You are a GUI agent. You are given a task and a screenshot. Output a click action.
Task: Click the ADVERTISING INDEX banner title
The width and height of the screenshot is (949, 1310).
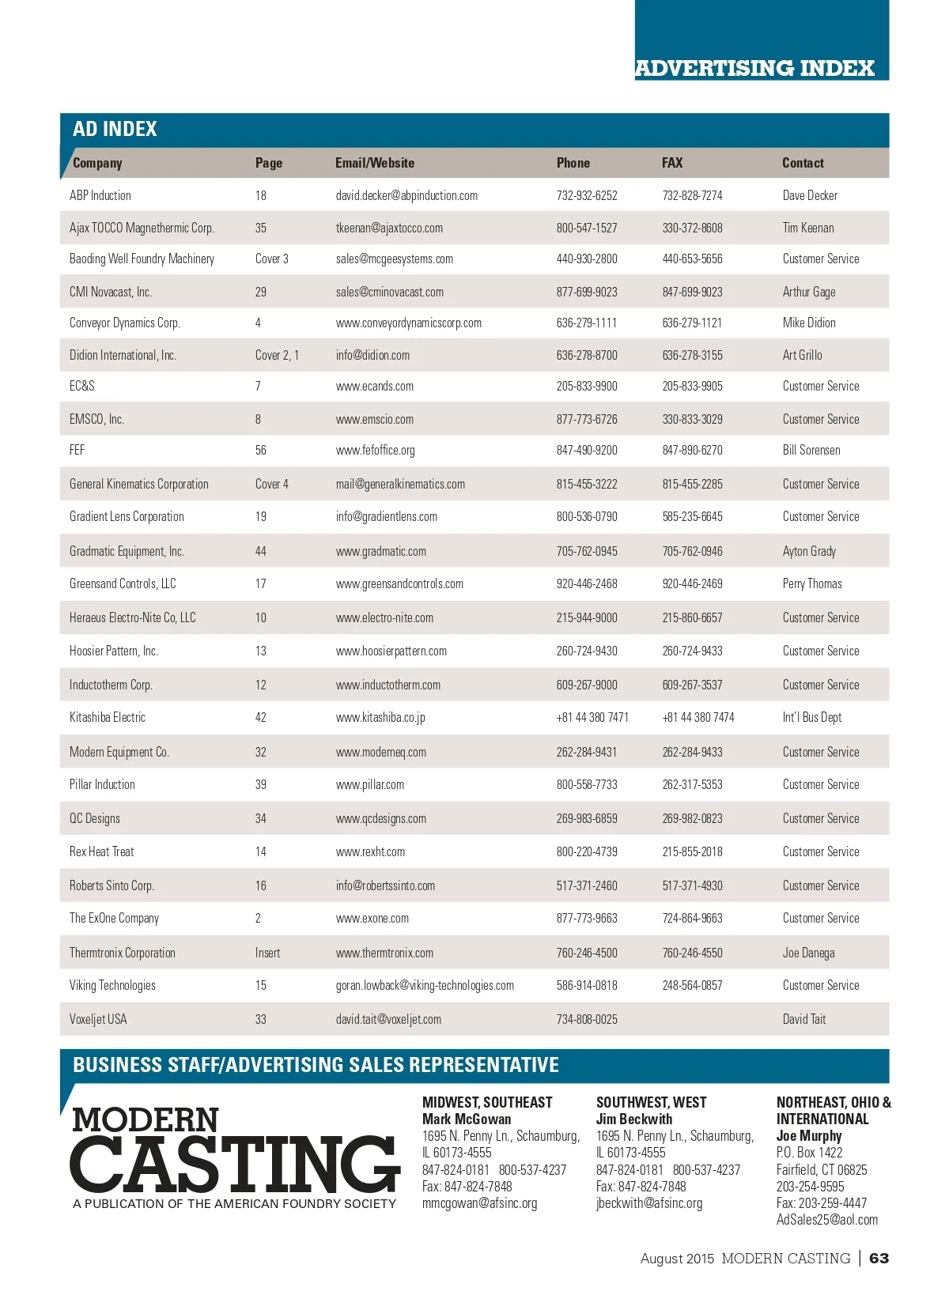click(754, 68)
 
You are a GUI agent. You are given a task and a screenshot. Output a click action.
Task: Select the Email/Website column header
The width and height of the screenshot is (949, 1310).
click(374, 163)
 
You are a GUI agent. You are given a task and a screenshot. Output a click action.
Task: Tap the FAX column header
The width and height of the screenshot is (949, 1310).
click(672, 163)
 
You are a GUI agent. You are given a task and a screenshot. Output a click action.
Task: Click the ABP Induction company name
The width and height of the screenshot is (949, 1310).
click(100, 195)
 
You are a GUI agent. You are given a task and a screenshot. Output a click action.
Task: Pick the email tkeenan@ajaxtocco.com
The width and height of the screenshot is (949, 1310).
click(389, 228)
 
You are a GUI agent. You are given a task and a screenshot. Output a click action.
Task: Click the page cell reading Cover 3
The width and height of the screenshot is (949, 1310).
click(271, 259)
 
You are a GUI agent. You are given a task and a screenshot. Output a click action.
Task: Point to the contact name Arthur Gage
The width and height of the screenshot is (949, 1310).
click(809, 292)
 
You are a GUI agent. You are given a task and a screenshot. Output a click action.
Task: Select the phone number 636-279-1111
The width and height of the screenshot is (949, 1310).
click(587, 323)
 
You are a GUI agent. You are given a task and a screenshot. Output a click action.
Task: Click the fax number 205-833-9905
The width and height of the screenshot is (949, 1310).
click(692, 386)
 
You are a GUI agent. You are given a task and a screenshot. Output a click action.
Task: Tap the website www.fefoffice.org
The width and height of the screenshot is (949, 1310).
click(375, 450)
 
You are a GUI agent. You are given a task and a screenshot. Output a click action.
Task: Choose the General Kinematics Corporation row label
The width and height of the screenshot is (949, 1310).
click(139, 484)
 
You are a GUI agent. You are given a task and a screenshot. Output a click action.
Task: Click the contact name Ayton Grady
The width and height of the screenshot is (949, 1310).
click(809, 551)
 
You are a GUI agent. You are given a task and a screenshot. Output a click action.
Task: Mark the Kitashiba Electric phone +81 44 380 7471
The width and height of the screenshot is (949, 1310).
click(592, 717)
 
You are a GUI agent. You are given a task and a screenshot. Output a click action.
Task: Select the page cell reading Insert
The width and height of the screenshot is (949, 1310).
click(267, 953)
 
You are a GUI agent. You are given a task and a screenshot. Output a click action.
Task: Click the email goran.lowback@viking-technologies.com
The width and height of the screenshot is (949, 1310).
click(425, 985)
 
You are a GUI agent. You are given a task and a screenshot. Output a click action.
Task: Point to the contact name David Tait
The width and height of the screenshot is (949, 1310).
click(804, 1019)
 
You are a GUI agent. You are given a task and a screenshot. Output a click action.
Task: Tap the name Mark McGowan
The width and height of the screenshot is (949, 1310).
click(467, 1119)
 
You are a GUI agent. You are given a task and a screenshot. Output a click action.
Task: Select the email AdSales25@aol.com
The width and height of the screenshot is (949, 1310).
click(827, 1219)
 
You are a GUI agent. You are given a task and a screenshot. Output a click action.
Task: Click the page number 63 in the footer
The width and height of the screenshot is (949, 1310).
click(879, 1258)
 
